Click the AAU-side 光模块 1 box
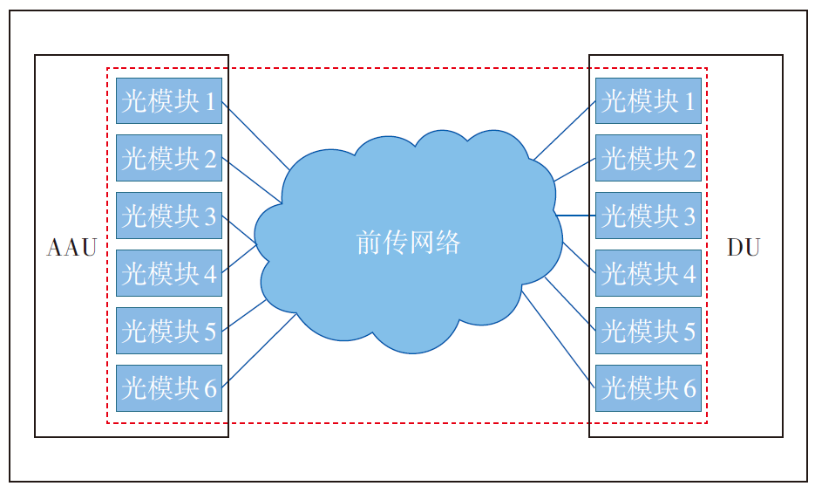click(169, 101)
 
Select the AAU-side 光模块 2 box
click(169, 158)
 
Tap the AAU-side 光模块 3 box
click(169, 216)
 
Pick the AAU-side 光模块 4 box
click(169, 273)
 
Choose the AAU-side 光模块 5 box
click(169, 331)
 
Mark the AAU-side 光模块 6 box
click(169, 387)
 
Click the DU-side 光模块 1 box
click(649, 101)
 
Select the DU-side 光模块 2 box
click(649, 158)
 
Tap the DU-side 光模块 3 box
click(649, 216)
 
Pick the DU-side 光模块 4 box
click(649, 273)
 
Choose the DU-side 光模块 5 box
click(649, 331)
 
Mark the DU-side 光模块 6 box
click(649, 387)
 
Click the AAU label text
click(71, 248)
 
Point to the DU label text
click(744, 248)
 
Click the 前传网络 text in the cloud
click(408, 243)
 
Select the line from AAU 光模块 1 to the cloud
click(255, 135)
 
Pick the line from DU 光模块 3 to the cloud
click(575, 215)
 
